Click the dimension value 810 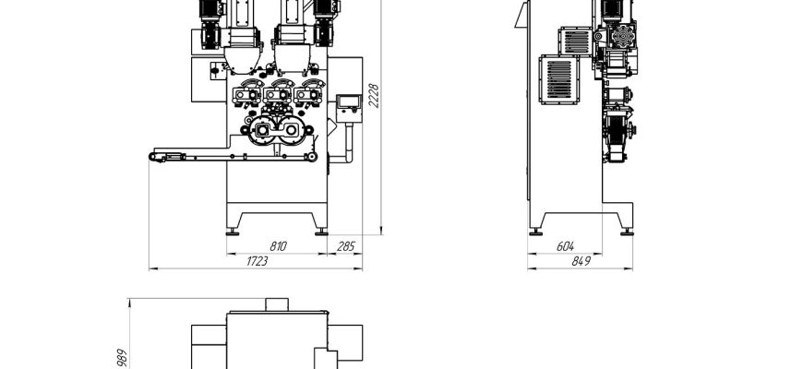278,246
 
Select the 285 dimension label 346,246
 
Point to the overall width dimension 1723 258,261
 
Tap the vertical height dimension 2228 374,96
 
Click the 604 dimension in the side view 565,246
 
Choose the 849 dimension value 581,261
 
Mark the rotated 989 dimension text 122,358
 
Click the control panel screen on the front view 349,101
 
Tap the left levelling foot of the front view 232,232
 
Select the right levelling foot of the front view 321,232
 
